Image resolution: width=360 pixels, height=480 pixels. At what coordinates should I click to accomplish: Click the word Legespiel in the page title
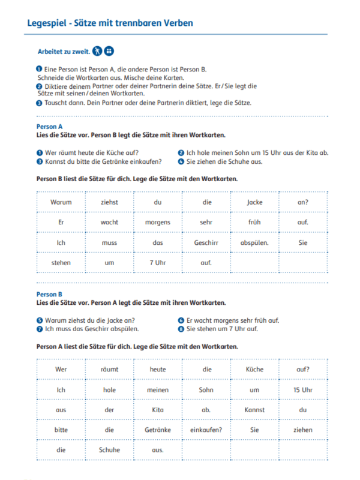click(x=47, y=23)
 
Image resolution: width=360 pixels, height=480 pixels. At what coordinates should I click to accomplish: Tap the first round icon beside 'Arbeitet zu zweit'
click(x=97, y=51)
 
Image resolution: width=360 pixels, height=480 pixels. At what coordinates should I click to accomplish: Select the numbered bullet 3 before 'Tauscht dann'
click(x=40, y=103)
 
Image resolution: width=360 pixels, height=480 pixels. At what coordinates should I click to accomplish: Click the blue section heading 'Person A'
click(x=49, y=127)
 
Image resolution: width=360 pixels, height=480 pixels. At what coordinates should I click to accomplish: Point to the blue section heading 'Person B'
click(x=49, y=295)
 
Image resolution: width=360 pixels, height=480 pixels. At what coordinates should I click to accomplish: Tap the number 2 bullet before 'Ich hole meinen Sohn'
click(x=181, y=152)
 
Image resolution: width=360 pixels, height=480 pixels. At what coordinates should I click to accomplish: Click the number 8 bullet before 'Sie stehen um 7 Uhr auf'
click(x=181, y=329)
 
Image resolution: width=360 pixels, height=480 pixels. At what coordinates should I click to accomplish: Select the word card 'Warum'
click(x=61, y=202)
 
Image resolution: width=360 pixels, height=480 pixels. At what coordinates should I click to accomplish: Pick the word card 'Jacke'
click(x=254, y=202)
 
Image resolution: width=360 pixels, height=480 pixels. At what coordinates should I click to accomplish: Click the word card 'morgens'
click(x=158, y=222)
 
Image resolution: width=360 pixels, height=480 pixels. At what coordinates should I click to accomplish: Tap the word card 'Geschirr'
click(x=206, y=242)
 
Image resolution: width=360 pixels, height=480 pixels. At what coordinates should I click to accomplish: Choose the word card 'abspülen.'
click(x=254, y=242)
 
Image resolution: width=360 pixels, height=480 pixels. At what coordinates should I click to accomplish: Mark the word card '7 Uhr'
click(x=158, y=263)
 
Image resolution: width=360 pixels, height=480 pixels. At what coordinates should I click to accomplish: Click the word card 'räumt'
click(x=109, y=369)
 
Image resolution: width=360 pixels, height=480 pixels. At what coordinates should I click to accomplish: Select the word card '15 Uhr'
click(x=303, y=389)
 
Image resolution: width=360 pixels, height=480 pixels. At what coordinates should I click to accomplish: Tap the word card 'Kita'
click(x=158, y=410)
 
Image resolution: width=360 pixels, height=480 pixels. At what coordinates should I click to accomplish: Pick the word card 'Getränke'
click(x=158, y=430)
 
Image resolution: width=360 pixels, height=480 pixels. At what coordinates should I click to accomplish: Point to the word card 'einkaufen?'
click(x=206, y=430)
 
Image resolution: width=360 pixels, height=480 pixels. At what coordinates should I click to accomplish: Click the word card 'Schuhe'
click(x=109, y=449)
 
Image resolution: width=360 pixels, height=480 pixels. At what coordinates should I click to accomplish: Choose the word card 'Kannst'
click(x=254, y=410)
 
